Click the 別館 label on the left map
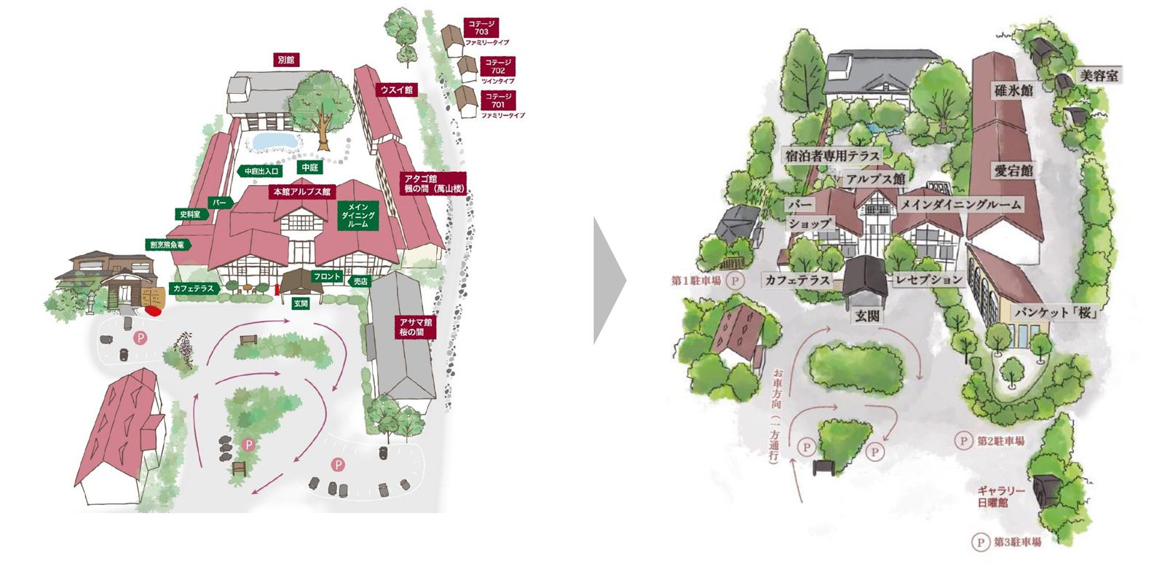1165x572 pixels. coord(286,60)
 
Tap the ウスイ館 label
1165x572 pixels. coord(396,90)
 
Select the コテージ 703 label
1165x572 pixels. coord(481,28)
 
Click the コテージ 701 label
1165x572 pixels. coord(498,101)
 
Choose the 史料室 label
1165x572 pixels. coord(191,214)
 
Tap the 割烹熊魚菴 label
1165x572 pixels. coord(169,245)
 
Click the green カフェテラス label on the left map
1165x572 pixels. coord(193,289)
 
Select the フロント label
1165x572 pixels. coord(327,277)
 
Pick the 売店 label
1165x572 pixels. coord(360,281)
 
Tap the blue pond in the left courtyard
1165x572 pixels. coord(273,140)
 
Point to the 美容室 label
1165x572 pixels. coord(1099,76)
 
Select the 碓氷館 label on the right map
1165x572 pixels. coord(1014,90)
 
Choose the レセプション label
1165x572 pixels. coord(929,280)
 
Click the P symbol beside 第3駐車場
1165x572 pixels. coord(981,542)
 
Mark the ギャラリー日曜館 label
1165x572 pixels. coord(1000,496)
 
